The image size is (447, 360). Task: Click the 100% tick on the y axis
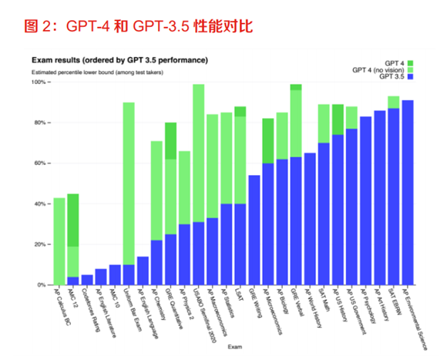coord(39,82)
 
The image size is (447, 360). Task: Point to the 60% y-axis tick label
coord(41,163)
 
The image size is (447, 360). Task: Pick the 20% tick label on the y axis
coord(41,244)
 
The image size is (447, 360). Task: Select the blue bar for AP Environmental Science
coord(408,193)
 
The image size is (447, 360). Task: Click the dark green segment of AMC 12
coord(73,220)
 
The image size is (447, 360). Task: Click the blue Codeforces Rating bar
coord(87,280)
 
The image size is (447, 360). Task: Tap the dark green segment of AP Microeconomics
coord(268,141)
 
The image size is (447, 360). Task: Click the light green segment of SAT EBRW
coord(394,102)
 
